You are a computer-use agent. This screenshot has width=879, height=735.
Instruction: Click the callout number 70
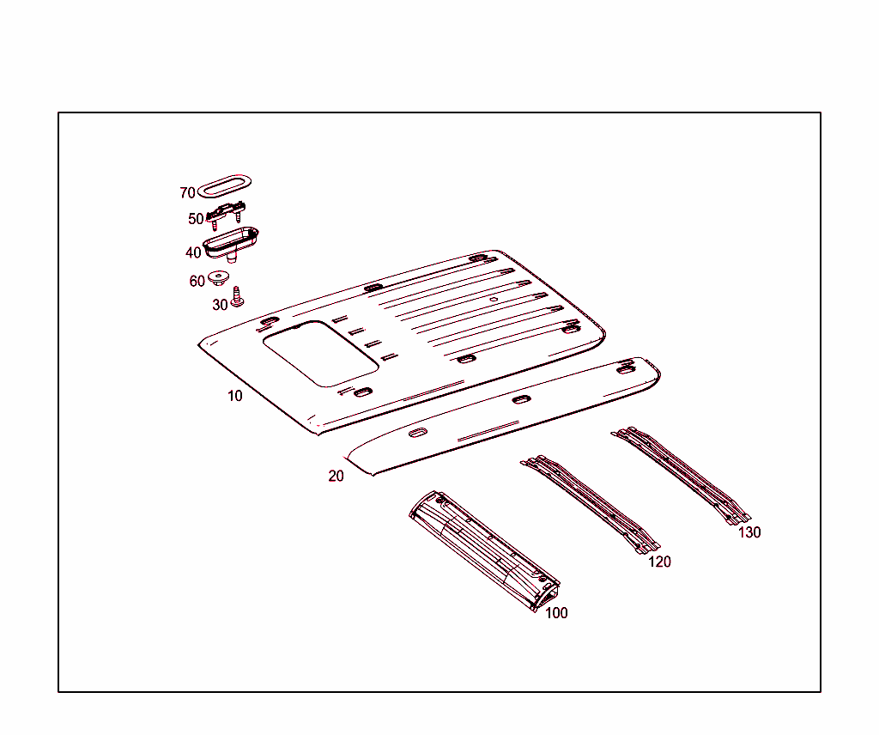(x=187, y=193)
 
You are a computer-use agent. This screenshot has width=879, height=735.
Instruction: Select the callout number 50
(x=196, y=219)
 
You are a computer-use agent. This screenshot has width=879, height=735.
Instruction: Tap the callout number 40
(x=193, y=252)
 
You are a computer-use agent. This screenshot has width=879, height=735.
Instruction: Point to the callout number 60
(x=197, y=281)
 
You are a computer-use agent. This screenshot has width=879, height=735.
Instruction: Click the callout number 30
(x=220, y=305)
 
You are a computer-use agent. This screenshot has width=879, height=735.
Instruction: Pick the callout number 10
(x=235, y=396)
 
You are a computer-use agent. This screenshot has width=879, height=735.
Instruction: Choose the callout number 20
(x=336, y=476)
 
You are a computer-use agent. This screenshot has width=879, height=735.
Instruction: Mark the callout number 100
(x=556, y=613)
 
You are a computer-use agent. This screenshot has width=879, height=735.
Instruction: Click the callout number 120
(x=660, y=562)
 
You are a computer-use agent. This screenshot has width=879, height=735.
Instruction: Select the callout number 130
(x=749, y=532)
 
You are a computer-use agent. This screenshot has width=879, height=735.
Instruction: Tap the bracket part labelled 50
(x=227, y=212)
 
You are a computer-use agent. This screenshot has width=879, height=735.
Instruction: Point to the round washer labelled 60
(x=218, y=277)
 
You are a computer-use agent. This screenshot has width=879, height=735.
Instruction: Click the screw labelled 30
(x=237, y=296)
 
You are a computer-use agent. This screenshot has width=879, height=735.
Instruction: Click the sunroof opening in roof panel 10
(x=321, y=354)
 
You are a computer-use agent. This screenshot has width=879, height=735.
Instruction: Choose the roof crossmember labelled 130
(x=681, y=475)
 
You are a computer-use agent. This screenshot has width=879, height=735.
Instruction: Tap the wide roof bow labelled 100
(x=485, y=551)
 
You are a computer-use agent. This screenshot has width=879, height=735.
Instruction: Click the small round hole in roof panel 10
(x=494, y=300)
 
